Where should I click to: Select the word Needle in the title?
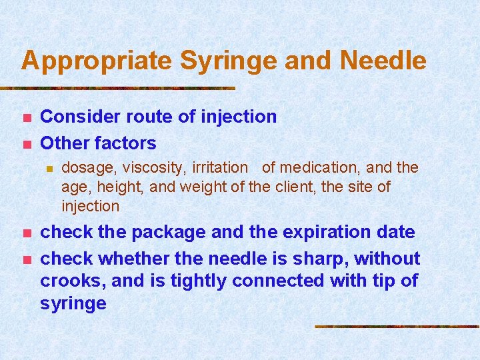click(x=383, y=61)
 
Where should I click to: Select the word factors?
click(x=125, y=143)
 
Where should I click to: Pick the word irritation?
click(x=221, y=168)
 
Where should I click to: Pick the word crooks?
click(x=71, y=281)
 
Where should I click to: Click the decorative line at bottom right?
click(x=397, y=327)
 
